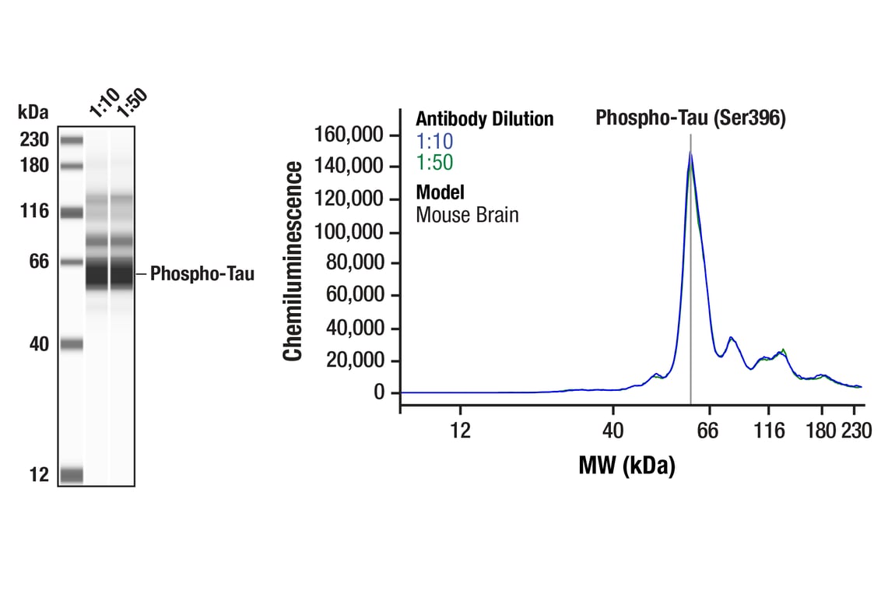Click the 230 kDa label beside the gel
tap(34, 140)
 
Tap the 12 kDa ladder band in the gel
tap(71, 474)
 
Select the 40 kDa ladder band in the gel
tap(71, 344)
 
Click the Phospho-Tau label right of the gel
tap(202, 274)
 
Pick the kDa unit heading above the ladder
tap(33, 112)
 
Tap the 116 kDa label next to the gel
tap(34, 211)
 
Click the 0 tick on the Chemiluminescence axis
tap(379, 392)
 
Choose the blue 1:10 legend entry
tap(434, 142)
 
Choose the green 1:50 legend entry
tap(434, 163)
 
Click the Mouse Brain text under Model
tap(467, 214)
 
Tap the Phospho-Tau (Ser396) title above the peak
tap(690, 118)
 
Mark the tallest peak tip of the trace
tap(690, 153)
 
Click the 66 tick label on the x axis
tap(707, 430)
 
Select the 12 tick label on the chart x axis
tap(461, 430)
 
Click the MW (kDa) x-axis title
tap(627, 466)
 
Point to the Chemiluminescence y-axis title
tap(293, 261)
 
